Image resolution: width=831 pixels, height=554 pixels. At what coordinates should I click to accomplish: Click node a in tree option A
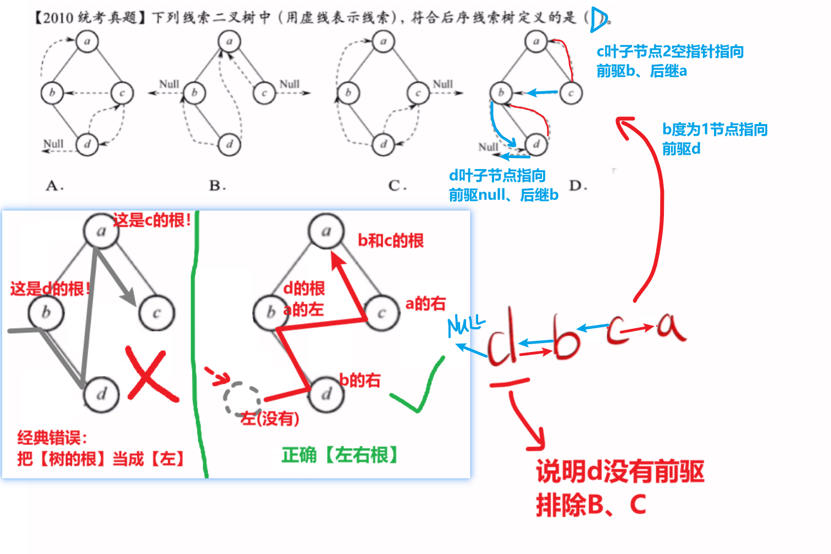tap(87, 41)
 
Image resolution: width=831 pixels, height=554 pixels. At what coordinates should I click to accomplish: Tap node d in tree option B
tap(229, 144)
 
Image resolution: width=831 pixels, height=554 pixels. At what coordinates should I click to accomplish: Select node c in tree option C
tap(418, 93)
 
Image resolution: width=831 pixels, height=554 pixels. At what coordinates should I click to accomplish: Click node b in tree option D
tap(501, 92)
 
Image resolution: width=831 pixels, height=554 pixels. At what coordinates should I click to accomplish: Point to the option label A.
tap(54, 186)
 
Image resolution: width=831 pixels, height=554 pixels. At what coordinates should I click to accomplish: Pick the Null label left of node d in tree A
tap(53, 144)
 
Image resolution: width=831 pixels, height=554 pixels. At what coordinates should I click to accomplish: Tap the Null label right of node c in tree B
tap(290, 84)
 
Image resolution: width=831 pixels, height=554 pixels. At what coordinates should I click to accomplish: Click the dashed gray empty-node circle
tap(241, 399)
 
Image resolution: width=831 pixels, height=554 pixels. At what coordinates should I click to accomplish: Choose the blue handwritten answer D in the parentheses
tap(598, 20)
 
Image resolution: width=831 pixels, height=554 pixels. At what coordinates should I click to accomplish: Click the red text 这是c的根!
tap(152, 221)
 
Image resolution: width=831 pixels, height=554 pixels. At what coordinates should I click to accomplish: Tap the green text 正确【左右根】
tap(340, 455)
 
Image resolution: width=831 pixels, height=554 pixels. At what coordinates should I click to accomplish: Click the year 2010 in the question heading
tap(58, 18)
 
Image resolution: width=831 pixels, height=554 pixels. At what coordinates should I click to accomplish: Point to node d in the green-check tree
tap(326, 394)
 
